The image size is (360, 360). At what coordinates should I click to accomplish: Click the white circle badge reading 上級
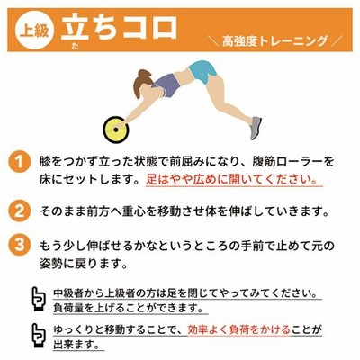coord(34,30)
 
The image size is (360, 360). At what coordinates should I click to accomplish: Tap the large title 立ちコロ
coord(120,27)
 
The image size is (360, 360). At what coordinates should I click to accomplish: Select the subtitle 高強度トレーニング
coord(274,41)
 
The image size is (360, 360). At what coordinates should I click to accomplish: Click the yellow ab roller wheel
coord(116,130)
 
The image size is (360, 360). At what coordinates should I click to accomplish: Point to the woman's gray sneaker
coord(256,128)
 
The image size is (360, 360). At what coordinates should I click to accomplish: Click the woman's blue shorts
coord(203,71)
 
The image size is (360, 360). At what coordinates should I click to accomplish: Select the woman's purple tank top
coord(168,85)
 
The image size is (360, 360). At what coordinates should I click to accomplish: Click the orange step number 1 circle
coord(20,163)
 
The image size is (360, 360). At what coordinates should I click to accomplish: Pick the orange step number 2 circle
coord(20,211)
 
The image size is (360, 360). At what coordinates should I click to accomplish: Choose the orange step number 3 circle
coord(20,244)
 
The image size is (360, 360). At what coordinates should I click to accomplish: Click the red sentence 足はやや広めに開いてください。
coord(231,179)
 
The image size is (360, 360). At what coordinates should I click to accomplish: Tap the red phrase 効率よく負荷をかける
coord(239,329)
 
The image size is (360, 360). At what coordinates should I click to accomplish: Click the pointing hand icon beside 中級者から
coord(39,299)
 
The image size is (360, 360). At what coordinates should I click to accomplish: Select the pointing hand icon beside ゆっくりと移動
coord(39,336)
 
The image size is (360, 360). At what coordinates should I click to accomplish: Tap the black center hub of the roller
coord(116,130)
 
